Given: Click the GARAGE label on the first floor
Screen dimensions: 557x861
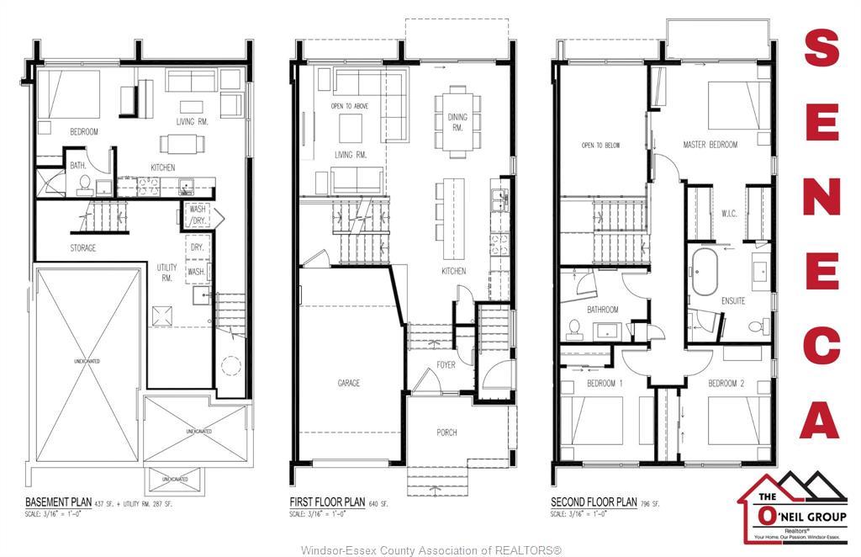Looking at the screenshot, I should (x=349, y=383).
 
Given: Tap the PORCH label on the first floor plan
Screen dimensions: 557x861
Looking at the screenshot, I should (x=446, y=432).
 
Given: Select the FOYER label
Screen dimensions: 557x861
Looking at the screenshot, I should (x=446, y=364).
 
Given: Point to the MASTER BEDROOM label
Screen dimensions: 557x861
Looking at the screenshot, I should (x=710, y=145).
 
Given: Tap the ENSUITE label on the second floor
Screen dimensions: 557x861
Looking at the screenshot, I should (x=732, y=300).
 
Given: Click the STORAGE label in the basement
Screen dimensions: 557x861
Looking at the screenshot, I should (x=82, y=248).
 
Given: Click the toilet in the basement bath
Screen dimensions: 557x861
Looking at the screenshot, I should (x=84, y=184).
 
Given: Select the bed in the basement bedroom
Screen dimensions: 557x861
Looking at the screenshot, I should (x=70, y=94).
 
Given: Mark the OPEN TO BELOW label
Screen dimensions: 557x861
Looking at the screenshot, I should (x=600, y=146).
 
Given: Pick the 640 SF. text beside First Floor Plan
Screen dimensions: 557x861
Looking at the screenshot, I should (x=383, y=503).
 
